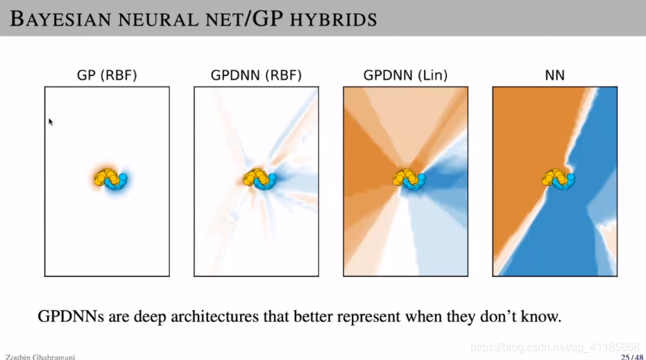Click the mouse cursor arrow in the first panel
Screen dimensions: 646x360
coord(51,122)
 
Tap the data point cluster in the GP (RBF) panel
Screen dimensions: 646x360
coord(112,179)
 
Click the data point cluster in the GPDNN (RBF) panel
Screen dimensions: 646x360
coord(260,179)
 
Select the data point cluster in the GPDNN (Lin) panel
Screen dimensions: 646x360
coord(409,179)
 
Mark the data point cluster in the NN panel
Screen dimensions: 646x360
coord(559,179)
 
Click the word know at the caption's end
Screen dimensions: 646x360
coord(542,317)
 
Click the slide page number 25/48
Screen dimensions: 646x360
coord(631,357)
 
